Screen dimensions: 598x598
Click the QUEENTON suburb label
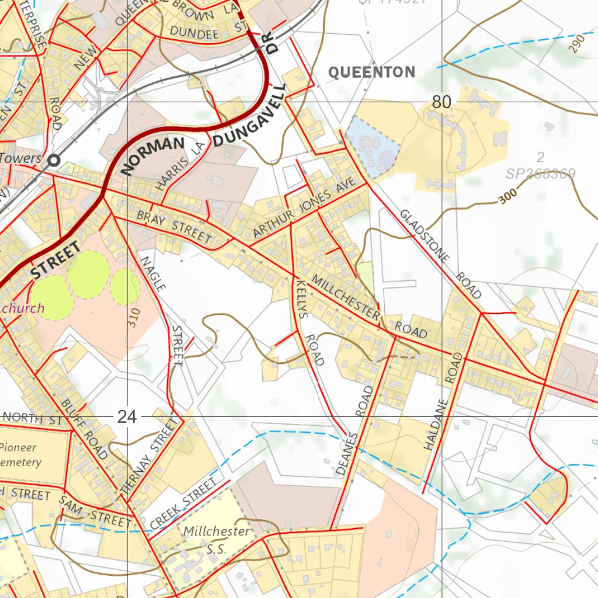tap(371, 72)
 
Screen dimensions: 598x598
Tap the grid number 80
tap(441, 102)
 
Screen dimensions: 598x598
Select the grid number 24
tap(127, 416)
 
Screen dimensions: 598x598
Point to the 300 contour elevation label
tap(509, 199)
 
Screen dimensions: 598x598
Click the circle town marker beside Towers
tap(55, 159)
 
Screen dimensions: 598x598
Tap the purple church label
tap(23, 308)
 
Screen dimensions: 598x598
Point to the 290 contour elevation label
tap(579, 44)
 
